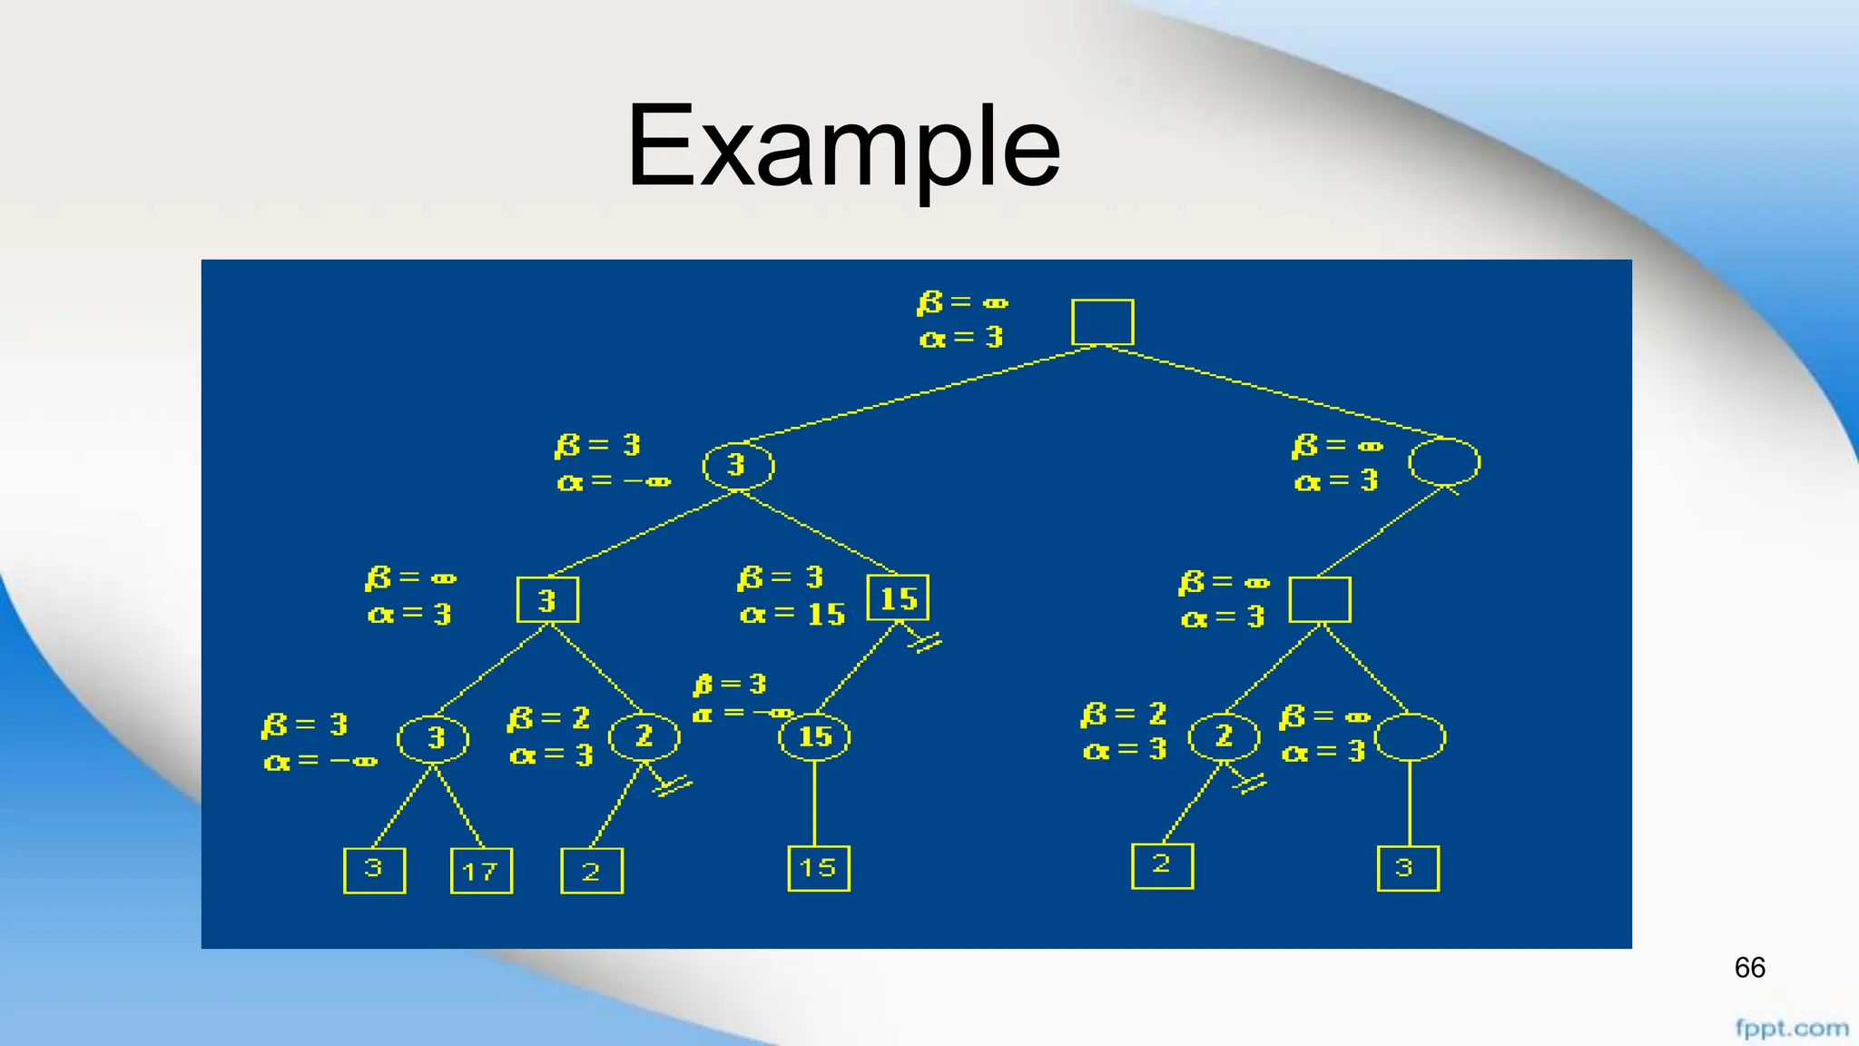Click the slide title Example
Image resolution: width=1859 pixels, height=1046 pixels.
[843, 146]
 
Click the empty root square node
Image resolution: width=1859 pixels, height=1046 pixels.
[1102, 322]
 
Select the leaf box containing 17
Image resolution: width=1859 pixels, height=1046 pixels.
[481, 871]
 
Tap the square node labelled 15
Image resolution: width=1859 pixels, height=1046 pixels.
[898, 598]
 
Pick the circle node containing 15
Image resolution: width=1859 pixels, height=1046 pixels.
[814, 736]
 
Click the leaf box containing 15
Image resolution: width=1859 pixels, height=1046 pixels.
[818, 868]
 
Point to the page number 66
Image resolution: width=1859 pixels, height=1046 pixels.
[1749, 968]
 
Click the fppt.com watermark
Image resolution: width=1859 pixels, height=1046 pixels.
[1791, 1029]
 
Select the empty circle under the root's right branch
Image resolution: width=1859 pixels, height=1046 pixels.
[1443, 463]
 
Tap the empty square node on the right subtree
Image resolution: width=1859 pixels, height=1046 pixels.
[1320, 599]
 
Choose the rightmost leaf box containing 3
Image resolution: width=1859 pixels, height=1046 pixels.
[1407, 868]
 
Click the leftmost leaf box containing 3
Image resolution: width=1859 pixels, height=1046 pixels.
[374, 871]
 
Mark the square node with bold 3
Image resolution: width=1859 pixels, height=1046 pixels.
[547, 600]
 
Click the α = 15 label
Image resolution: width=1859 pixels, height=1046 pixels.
[792, 615]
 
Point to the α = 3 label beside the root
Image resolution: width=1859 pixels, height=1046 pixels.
[961, 338]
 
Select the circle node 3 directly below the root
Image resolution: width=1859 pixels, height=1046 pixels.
[738, 466]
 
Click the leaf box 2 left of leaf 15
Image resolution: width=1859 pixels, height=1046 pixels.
[592, 872]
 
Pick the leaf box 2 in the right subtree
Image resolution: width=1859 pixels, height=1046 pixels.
[1162, 866]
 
